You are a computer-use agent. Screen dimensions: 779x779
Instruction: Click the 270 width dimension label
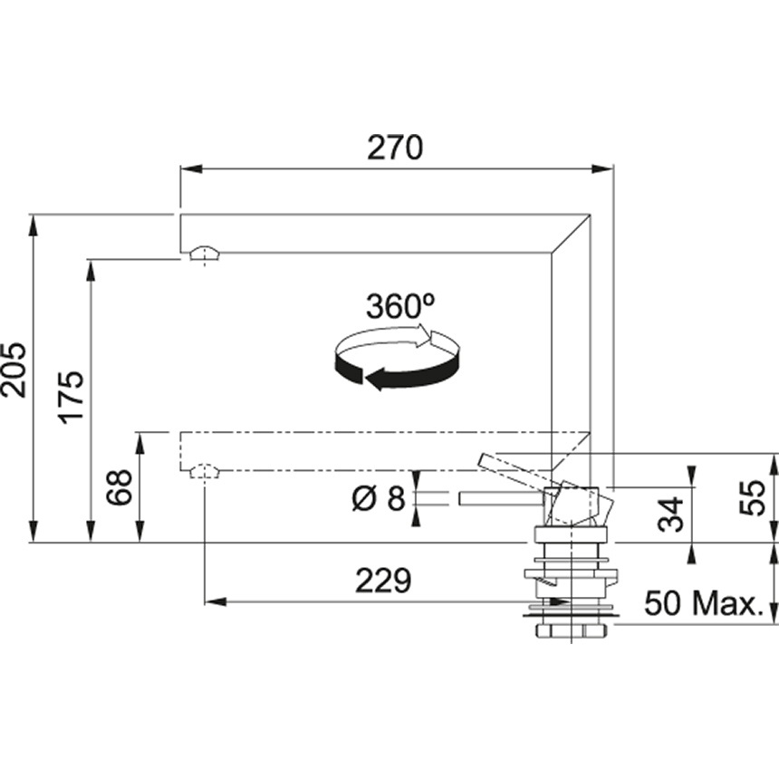395,148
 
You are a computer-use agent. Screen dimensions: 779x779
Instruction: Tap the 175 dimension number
72,395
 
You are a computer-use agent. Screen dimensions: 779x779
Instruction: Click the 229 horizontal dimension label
382,581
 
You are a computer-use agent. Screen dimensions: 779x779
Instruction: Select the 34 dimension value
671,515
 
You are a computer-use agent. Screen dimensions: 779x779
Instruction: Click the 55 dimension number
752,498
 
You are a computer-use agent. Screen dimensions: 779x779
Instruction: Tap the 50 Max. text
703,603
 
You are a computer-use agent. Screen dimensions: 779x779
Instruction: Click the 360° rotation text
400,306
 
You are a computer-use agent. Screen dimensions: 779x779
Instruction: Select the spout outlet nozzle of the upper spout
205,253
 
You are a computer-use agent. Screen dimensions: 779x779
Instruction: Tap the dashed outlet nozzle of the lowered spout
205,472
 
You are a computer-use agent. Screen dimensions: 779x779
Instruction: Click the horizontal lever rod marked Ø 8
498,498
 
